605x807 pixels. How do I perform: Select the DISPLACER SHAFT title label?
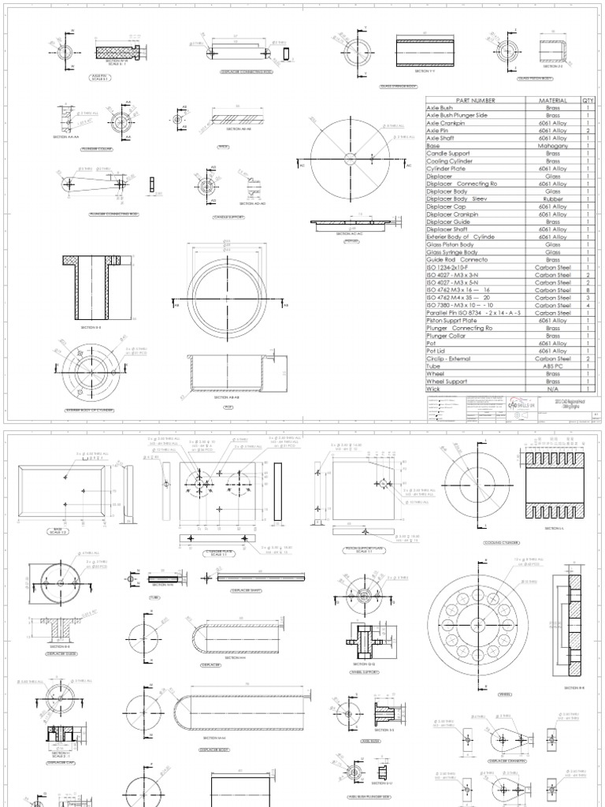(x=245, y=588)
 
